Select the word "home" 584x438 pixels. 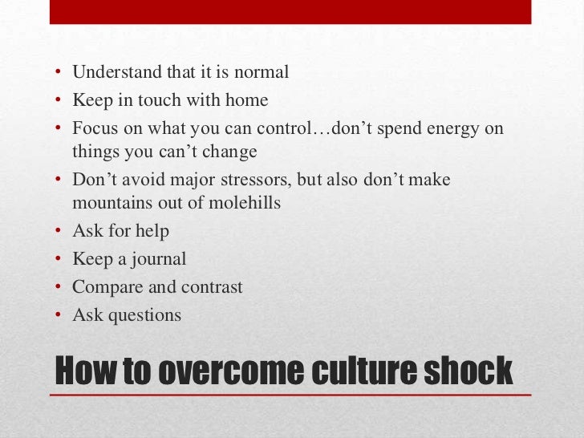pyautogui.click(x=246, y=101)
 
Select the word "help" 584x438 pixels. pyautogui.click(x=152, y=231)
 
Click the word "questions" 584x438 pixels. pyautogui.click(x=144, y=315)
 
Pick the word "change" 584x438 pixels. pyautogui.click(x=232, y=152)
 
